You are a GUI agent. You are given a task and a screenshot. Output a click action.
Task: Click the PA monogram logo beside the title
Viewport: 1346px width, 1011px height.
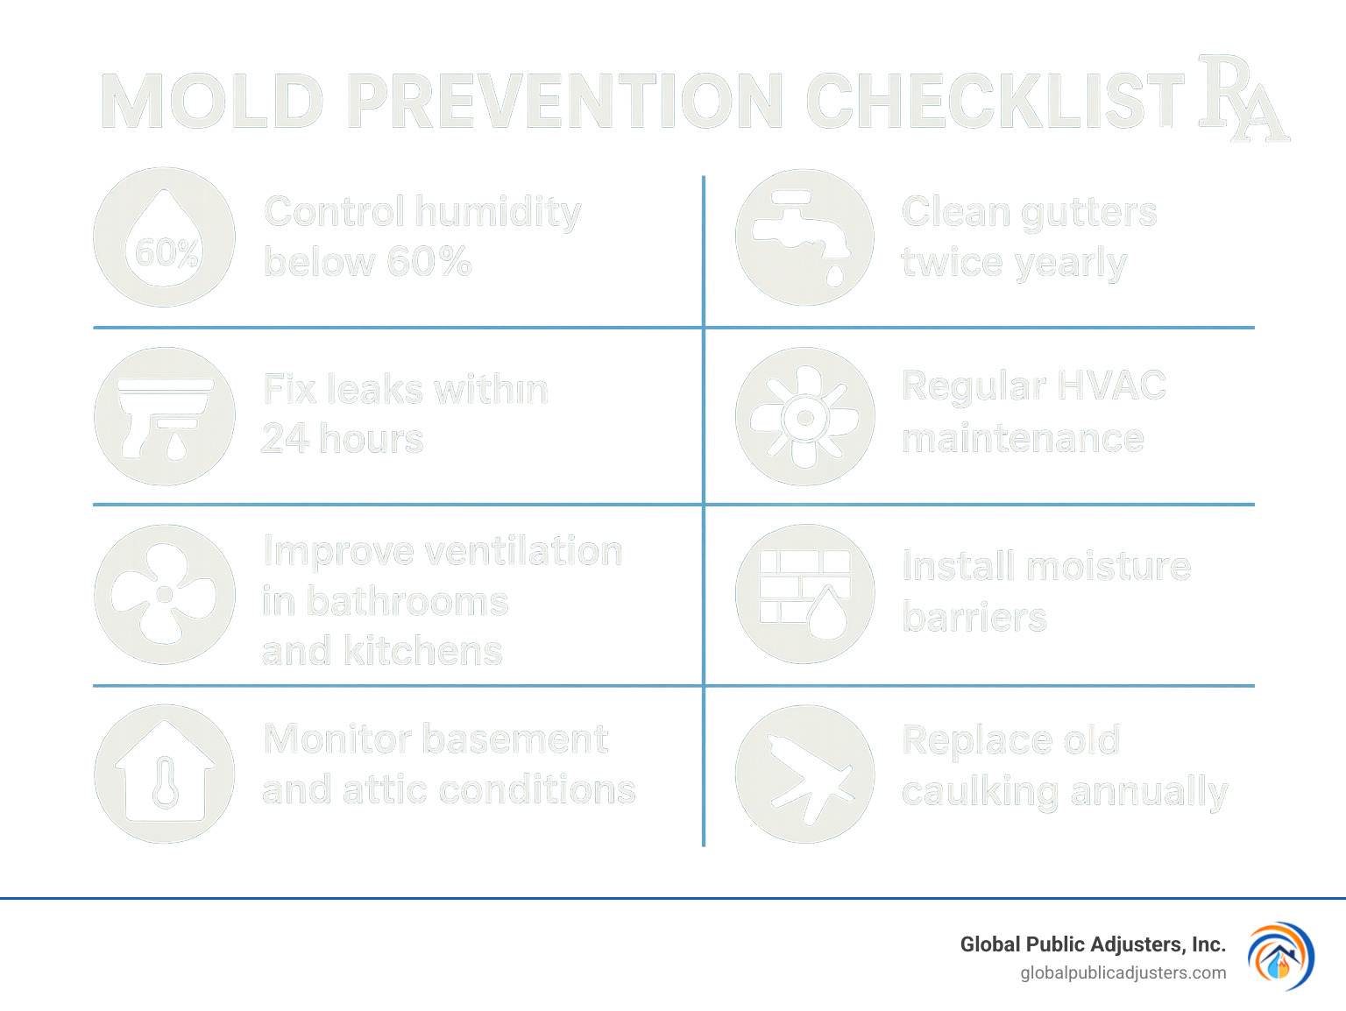pos(1242,98)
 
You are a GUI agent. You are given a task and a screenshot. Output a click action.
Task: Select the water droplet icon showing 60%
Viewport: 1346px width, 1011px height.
pos(165,237)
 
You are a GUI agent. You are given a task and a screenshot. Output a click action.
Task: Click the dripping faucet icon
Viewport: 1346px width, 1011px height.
pos(804,237)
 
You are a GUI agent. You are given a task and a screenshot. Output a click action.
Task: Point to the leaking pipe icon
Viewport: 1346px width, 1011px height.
pos(165,416)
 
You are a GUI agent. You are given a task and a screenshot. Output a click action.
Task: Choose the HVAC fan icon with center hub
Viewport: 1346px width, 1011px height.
pos(804,416)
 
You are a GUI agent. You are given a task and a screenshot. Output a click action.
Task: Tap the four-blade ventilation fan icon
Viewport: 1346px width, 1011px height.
pos(165,595)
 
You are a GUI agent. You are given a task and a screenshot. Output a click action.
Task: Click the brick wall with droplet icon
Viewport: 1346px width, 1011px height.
pos(804,595)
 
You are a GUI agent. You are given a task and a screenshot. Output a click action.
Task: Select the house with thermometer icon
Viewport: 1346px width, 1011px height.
pos(165,774)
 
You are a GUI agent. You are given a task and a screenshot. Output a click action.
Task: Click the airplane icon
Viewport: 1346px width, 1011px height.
pos(804,774)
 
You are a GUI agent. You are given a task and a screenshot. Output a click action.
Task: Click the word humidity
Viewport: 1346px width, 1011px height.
pos(498,213)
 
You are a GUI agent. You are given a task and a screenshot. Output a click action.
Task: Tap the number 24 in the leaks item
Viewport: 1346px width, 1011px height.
pos(285,438)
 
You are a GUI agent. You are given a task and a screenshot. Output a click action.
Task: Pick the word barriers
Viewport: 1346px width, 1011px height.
pos(974,618)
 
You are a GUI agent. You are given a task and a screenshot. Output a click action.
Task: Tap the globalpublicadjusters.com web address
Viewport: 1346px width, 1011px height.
pos(1123,972)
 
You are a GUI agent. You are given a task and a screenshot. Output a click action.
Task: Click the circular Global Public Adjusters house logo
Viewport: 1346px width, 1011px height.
pos(1280,957)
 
